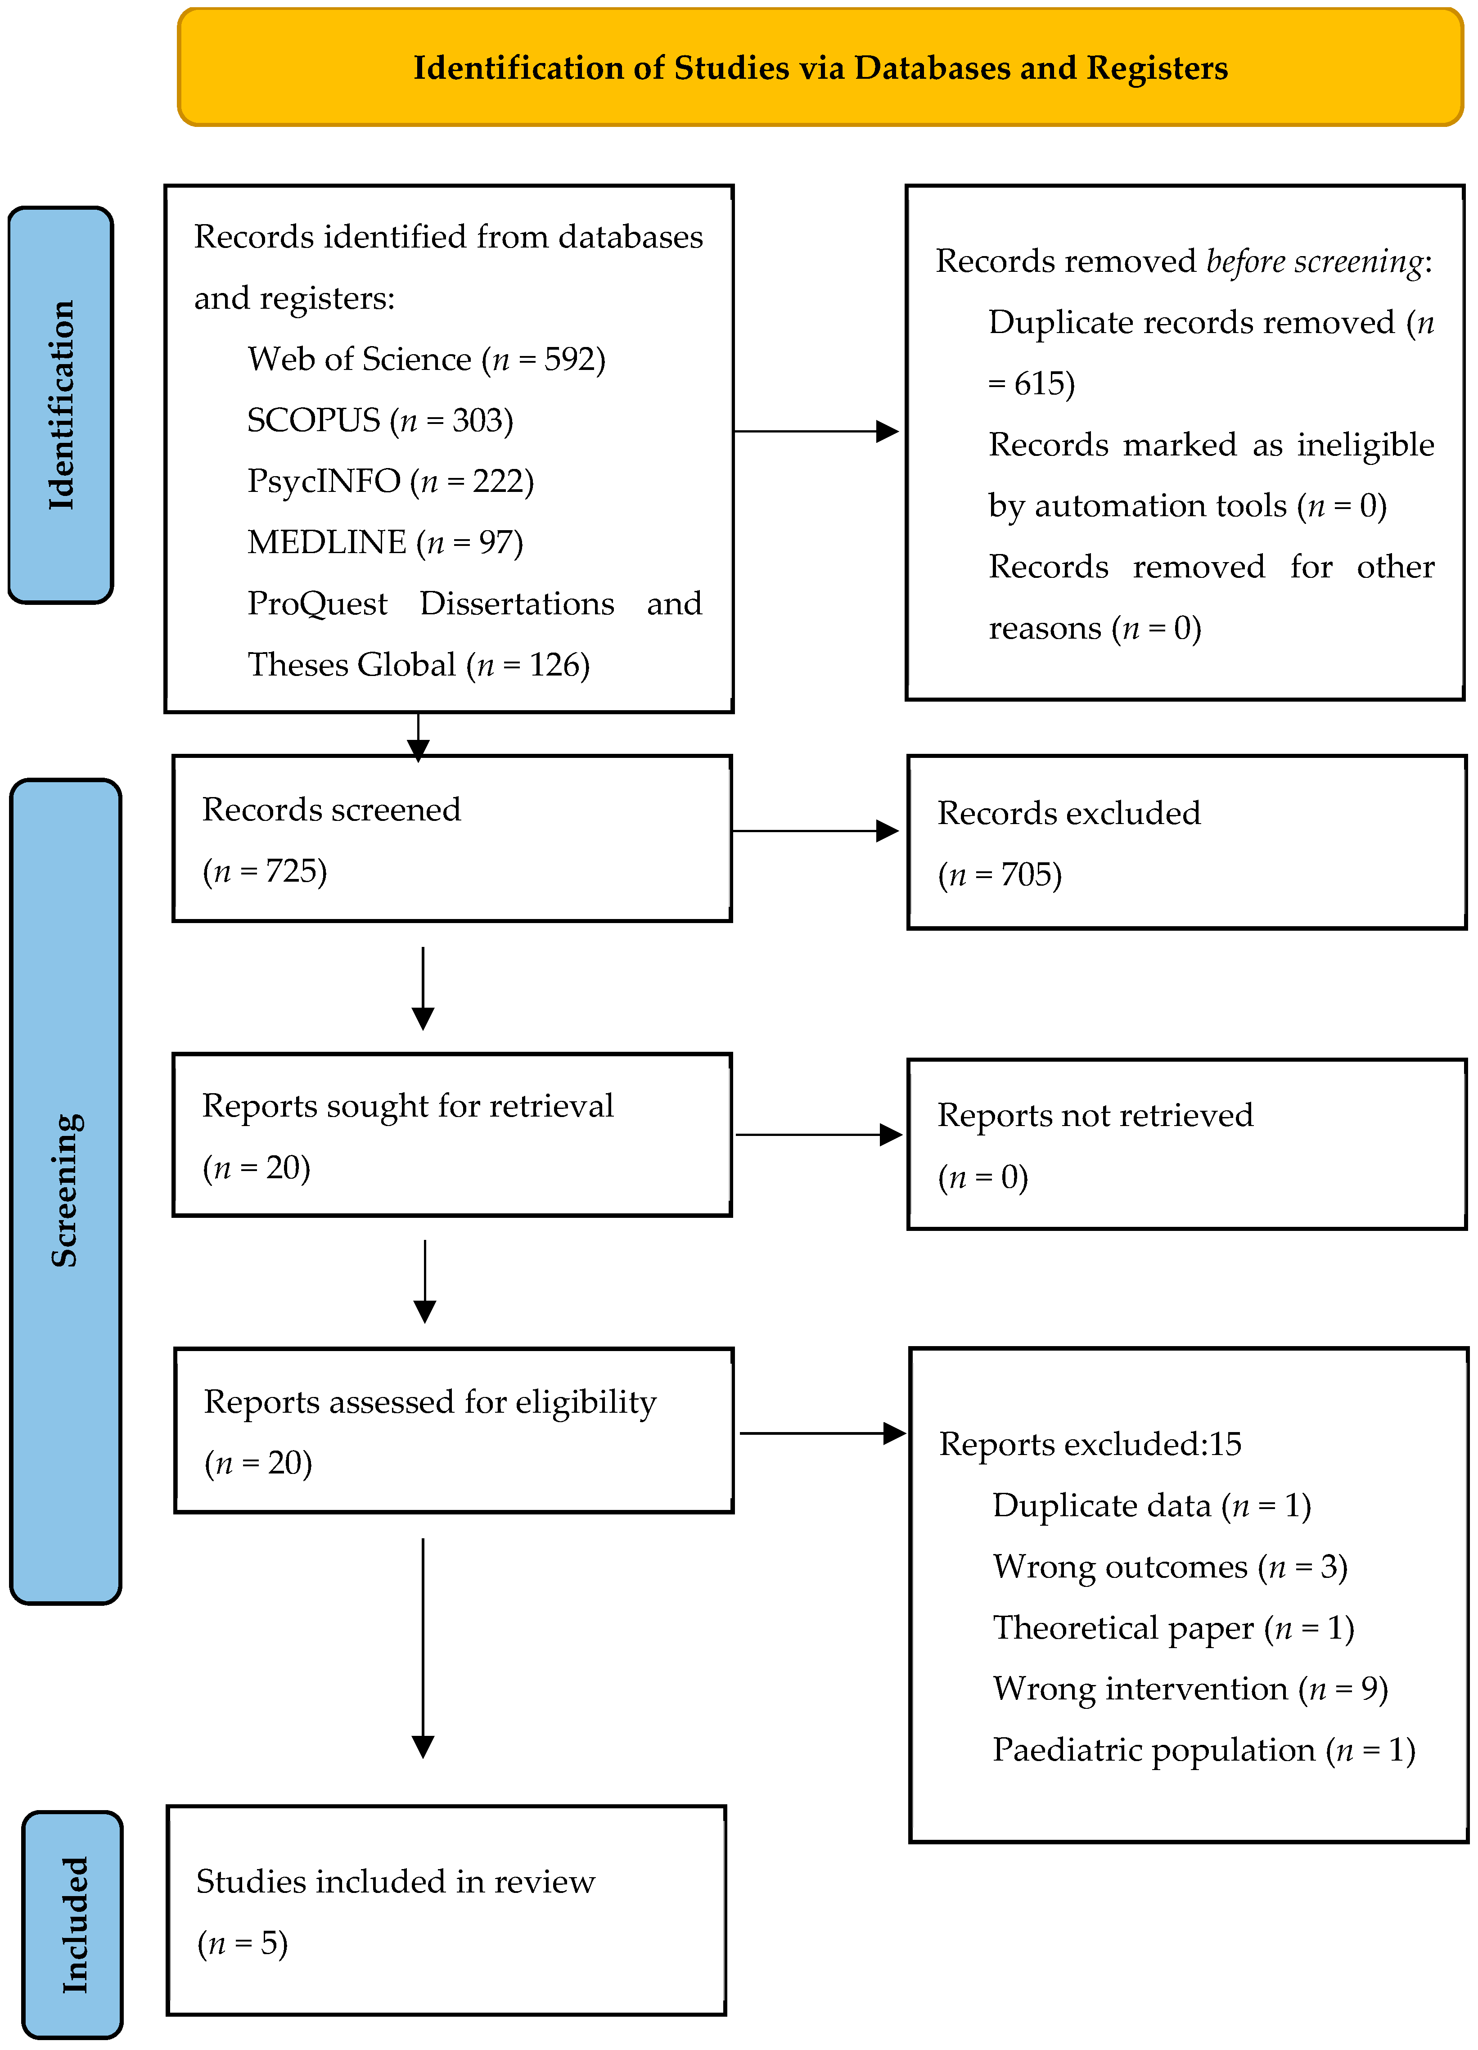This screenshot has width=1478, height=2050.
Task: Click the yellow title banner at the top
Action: (x=820, y=68)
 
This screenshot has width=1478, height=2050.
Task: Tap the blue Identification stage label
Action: (x=61, y=405)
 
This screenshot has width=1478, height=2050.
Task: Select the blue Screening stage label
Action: (x=65, y=1191)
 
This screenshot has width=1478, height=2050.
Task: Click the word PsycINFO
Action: (x=324, y=481)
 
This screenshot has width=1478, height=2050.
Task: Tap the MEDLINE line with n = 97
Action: (x=385, y=542)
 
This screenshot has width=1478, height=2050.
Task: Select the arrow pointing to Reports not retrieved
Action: (x=818, y=1135)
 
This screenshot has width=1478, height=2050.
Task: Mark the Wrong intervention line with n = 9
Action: (x=1190, y=1689)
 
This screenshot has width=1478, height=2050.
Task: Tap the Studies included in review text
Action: (x=395, y=1882)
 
